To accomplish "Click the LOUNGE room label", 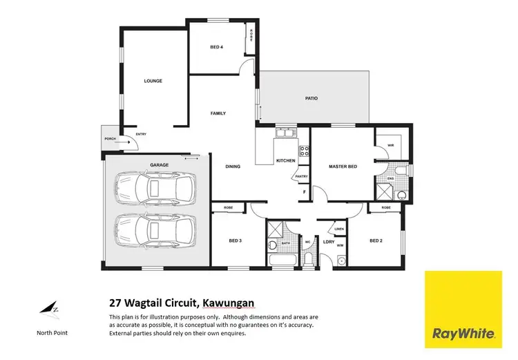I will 153,81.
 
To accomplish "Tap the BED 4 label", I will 216,47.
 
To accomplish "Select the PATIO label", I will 311,98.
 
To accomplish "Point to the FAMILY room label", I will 218,113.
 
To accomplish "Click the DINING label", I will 232,167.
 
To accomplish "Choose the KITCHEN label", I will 285,160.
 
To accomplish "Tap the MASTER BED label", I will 342,167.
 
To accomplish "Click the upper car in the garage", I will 155,188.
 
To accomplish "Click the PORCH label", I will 110,138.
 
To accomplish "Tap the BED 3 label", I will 235,240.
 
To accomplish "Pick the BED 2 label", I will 376,240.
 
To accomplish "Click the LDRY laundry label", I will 329,241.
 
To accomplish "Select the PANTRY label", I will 301,177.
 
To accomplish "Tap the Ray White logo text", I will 463,334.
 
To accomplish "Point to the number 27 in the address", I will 115,302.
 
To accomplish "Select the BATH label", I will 285,243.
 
